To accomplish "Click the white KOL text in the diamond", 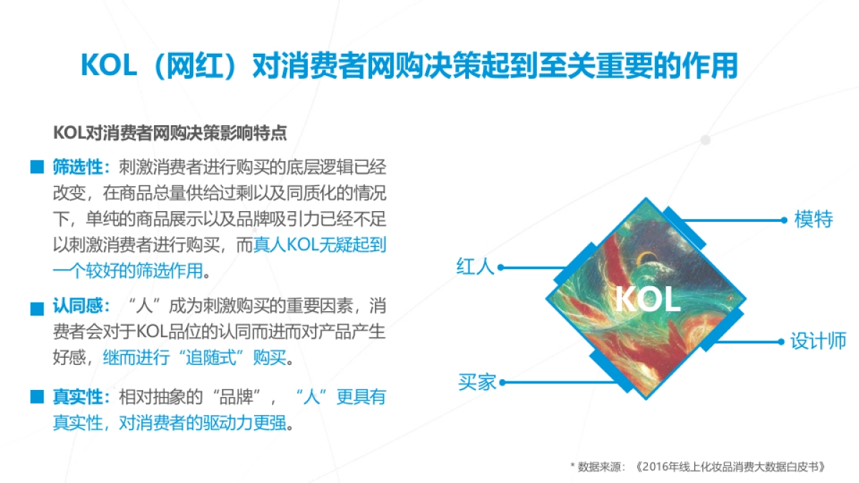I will [x=647, y=300].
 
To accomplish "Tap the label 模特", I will [x=813, y=219].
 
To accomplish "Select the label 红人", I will [x=475, y=267].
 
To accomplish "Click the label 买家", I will [x=477, y=381].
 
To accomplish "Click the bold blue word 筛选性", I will [x=79, y=168].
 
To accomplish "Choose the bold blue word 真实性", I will [x=79, y=397].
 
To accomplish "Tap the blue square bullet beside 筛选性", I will [x=37, y=169].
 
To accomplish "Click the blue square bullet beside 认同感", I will [x=37, y=308].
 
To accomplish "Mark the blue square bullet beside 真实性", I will [x=37, y=397].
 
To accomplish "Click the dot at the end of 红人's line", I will [x=501, y=268].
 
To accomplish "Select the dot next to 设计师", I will [x=782, y=341].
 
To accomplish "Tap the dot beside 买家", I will [x=503, y=382].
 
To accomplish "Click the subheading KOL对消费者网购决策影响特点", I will [x=170, y=133].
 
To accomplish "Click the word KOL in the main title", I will [x=108, y=67].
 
